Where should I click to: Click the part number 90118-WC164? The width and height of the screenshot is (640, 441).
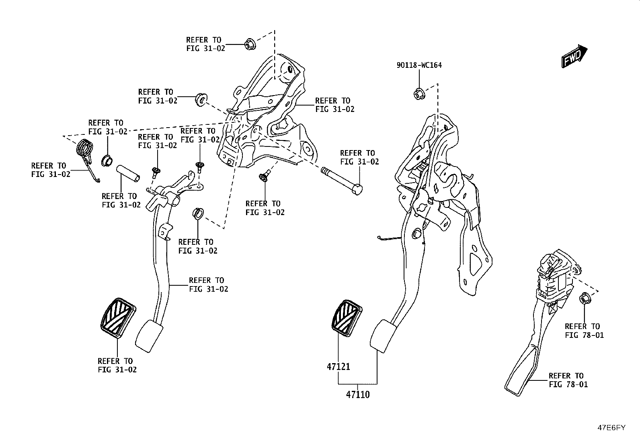tap(419, 65)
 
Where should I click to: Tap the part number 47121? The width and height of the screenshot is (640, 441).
tap(338, 366)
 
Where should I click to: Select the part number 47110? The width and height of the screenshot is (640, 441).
tap(358, 394)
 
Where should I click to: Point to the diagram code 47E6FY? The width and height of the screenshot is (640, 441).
tap(611, 428)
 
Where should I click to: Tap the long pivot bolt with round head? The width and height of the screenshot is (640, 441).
tap(342, 181)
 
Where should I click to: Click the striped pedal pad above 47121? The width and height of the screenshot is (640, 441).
tap(347, 318)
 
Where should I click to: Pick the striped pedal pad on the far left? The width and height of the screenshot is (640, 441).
tap(118, 318)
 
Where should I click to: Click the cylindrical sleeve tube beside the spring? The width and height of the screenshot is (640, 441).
tap(128, 173)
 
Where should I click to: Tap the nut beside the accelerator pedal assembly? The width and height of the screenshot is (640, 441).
tap(585, 299)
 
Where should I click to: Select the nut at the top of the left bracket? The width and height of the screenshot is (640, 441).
tap(250, 44)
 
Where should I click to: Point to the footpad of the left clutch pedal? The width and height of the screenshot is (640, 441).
tap(149, 336)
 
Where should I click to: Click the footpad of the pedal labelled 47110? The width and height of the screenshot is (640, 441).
tap(383, 336)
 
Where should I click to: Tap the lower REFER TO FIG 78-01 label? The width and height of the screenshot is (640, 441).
tap(568, 380)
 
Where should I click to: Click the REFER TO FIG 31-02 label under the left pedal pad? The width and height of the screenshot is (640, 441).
tap(117, 366)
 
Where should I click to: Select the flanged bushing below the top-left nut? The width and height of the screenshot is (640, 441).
tap(201, 100)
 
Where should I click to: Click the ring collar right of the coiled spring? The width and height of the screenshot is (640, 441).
tap(107, 161)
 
